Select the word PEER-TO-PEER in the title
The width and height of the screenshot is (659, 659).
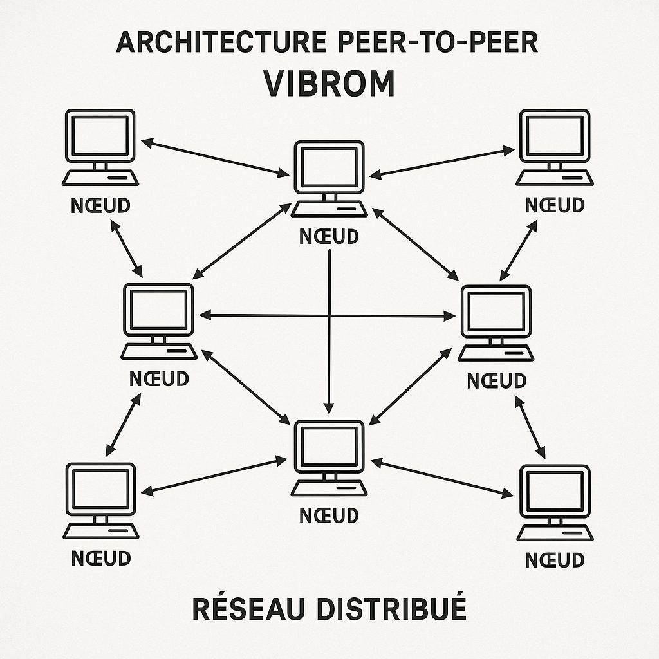437,43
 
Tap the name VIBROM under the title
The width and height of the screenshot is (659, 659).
329,84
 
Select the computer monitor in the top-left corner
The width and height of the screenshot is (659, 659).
100,136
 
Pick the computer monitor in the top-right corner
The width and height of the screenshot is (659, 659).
555,136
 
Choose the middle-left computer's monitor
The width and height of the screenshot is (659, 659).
158,309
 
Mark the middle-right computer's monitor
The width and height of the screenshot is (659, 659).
496,311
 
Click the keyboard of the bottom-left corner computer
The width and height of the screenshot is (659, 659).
102,531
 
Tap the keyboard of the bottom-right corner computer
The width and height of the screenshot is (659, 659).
555,533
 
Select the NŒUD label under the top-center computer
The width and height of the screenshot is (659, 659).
329,236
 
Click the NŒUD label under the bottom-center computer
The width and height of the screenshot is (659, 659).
329,515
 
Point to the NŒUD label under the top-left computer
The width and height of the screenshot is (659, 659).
100,205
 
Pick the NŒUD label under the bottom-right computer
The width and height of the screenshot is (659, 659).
555,560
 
